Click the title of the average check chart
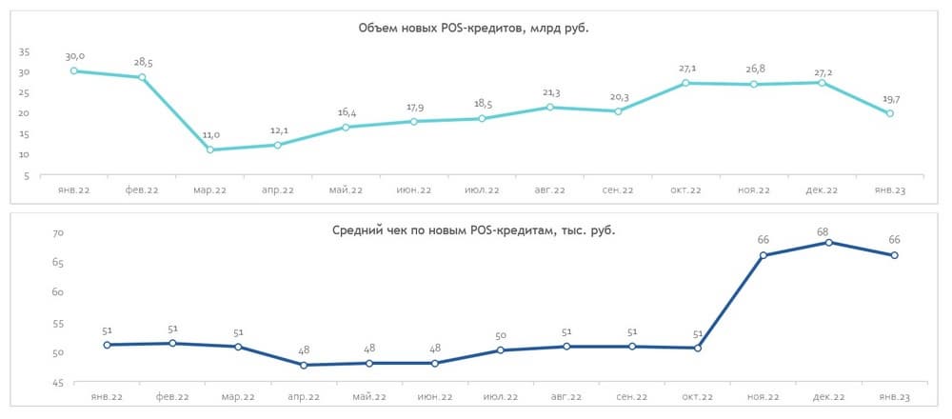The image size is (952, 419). coord(473,229)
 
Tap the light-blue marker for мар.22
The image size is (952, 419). coord(209,150)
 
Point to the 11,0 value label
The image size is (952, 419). coord(209,135)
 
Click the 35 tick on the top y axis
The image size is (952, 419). coord(24,51)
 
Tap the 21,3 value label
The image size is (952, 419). coord(549,92)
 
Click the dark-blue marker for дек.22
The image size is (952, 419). coord(829,242)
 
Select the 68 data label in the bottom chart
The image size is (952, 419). coord(829,228)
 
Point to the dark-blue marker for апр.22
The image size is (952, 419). coord(304,365)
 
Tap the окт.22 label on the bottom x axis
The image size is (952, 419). coord(698,395)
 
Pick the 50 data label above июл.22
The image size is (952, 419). coord(501,336)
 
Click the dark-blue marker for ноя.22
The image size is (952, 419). coord(764,255)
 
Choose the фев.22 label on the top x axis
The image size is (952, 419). coord(142,190)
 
